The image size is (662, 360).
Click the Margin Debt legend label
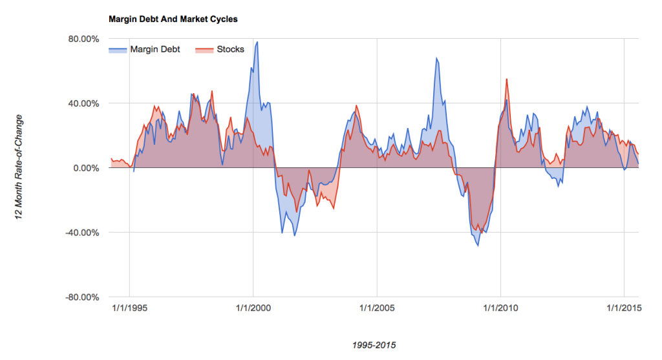155,49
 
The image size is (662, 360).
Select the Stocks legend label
230,49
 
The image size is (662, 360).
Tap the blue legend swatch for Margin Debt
118,50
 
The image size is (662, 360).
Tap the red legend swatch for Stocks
204,50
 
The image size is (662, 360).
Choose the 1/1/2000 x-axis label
253,308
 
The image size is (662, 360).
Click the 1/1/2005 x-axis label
377,308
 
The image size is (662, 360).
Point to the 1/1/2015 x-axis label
624,308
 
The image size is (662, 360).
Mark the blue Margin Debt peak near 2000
257,42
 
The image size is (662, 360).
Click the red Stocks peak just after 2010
506,79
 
